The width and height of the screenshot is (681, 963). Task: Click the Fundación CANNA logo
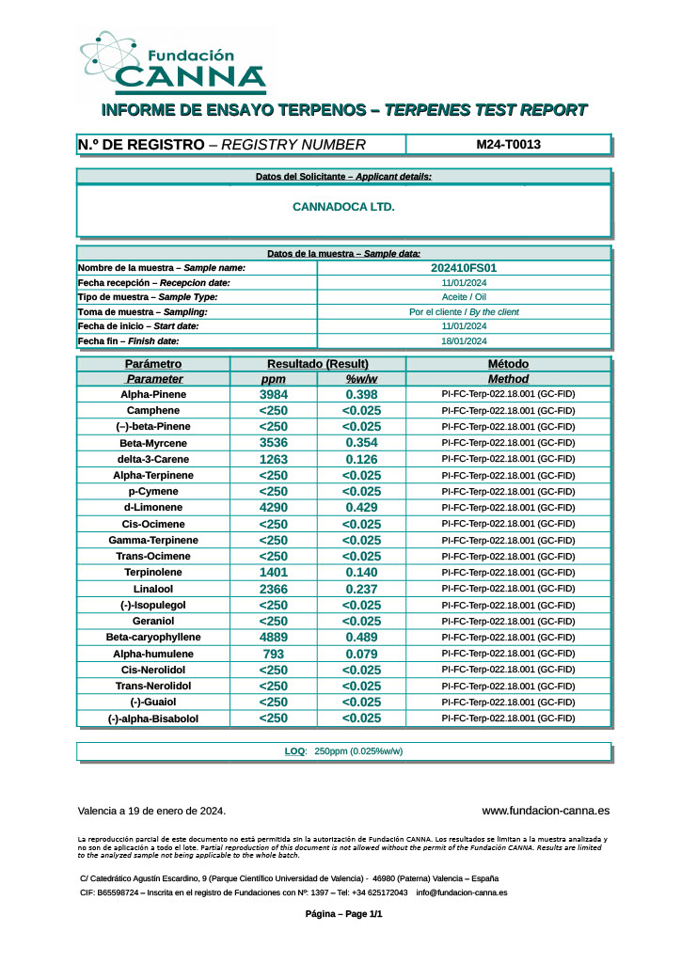tap(172, 63)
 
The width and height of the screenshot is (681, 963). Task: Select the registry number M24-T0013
tap(508, 145)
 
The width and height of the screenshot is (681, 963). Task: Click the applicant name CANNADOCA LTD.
tap(343, 207)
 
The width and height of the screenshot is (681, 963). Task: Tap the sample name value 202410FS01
tap(463, 268)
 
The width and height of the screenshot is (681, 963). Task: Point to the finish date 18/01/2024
tap(463, 341)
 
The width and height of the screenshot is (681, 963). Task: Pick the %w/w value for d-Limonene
tap(361, 508)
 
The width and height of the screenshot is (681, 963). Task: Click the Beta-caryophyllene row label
tap(153, 638)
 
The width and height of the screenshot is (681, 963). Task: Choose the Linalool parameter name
tap(153, 589)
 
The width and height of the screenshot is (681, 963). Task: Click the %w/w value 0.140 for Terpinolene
tap(361, 573)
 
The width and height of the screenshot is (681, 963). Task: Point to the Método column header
tap(508, 364)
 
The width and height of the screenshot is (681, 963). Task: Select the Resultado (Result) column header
tap(317, 364)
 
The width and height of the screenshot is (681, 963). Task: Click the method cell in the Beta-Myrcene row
tap(508, 443)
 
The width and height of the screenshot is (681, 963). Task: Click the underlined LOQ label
tap(294, 751)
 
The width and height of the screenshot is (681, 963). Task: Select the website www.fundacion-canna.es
tap(546, 811)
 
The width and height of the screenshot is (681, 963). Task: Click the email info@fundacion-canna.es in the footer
tap(462, 892)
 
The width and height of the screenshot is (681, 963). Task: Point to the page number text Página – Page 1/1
tap(344, 914)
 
